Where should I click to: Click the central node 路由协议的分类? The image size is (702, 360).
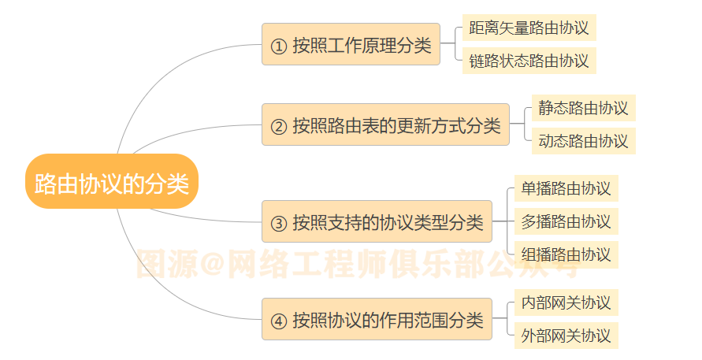(x=111, y=182)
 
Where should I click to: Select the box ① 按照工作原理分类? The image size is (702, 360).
(x=351, y=44)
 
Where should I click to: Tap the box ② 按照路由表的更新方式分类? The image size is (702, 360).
(x=385, y=124)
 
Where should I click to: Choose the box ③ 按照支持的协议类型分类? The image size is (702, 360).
(x=377, y=221)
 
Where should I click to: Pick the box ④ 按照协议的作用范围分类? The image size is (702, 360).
(x=377, y=320)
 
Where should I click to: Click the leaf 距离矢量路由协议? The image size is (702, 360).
(x=529, y=28)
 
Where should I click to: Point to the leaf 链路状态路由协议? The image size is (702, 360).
(x=529, y=61)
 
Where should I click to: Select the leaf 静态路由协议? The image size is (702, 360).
(x=583, y=108)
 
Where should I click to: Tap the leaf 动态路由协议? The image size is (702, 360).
(x=583, y=141)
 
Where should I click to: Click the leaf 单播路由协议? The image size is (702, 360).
(x=566, y=188)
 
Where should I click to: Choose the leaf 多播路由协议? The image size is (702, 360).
(x=566, y=221)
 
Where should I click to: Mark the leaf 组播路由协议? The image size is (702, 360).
(x=566, y=254)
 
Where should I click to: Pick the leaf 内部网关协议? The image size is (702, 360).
(x=566, y=302)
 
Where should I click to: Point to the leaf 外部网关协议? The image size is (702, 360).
(x=566, y=336)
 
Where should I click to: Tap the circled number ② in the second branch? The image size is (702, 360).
(x=278, y=126)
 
